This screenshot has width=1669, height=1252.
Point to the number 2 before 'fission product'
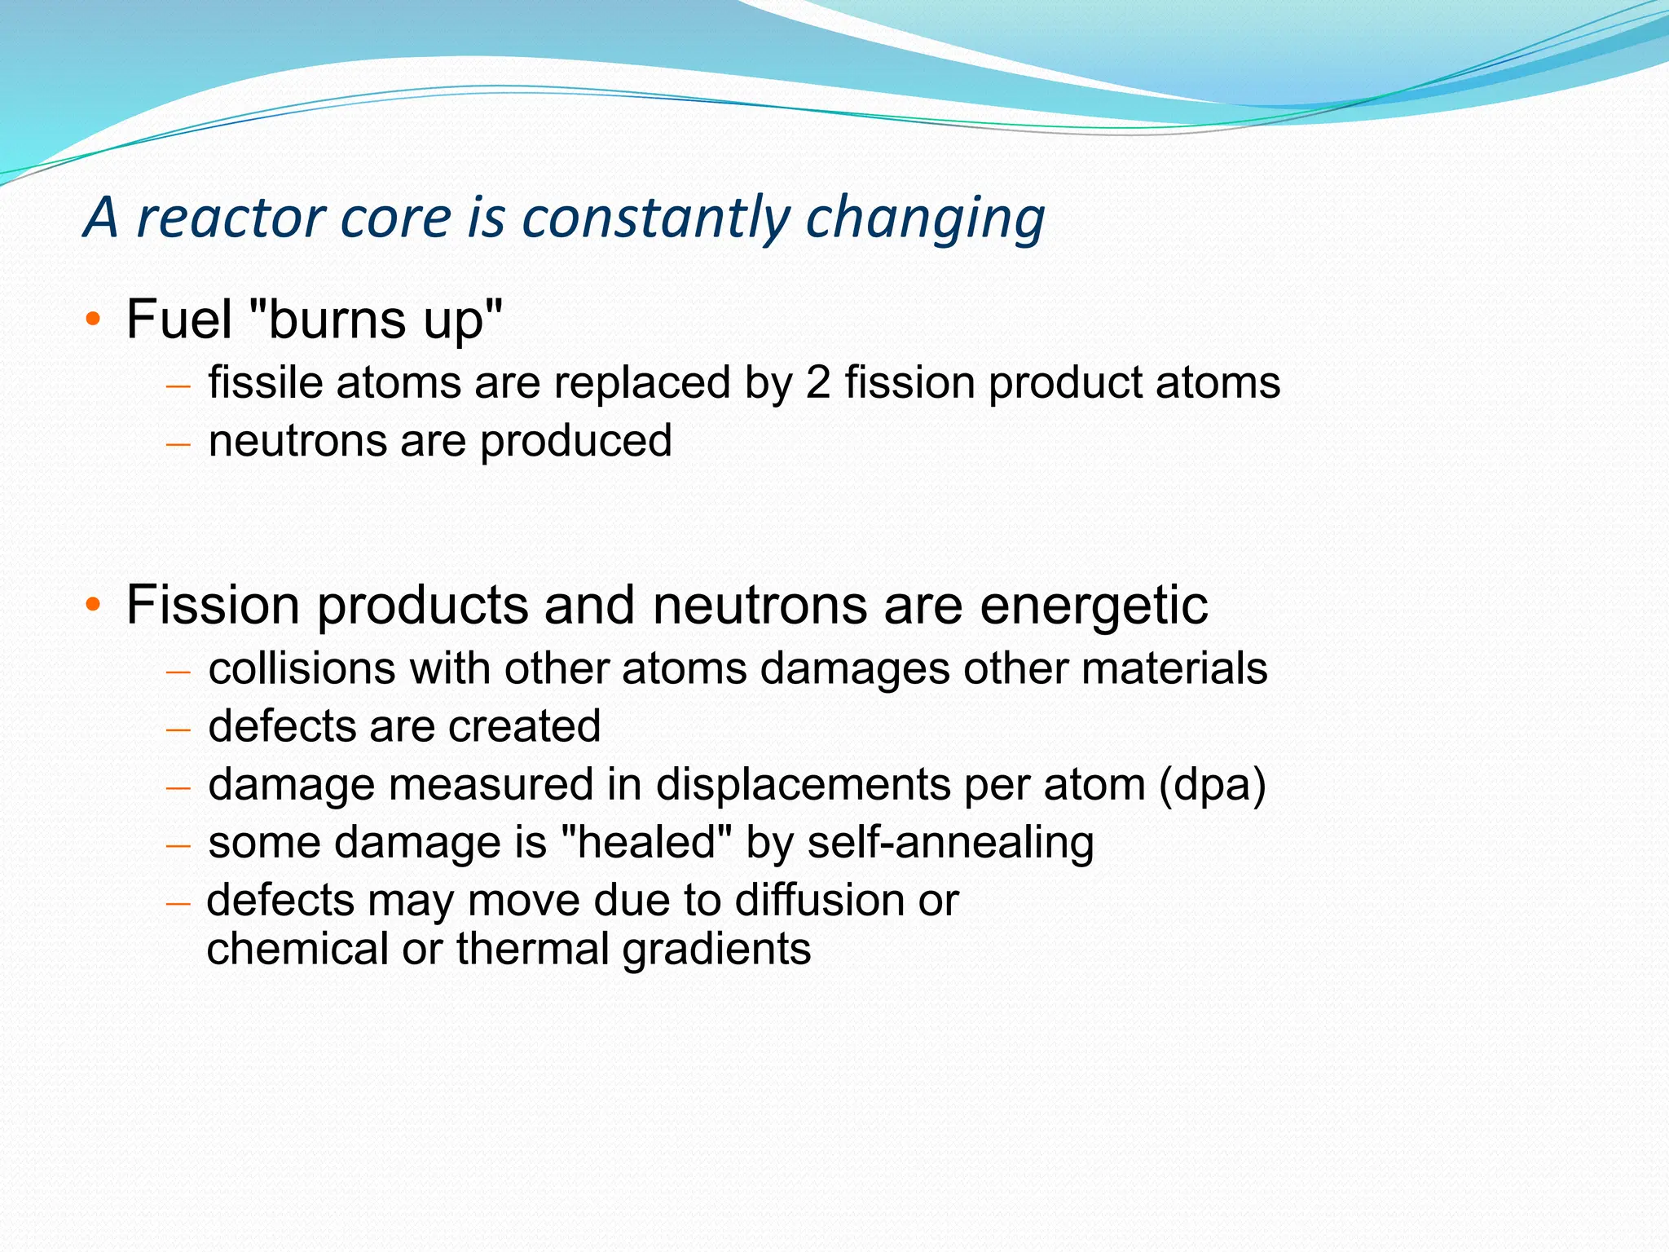click(817, 382)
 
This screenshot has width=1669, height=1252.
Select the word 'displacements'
click(803, 786)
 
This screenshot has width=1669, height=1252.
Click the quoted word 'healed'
click(648, 843)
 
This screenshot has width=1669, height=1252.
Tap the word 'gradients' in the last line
click(716, 950)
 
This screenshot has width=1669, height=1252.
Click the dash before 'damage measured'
click(178, 788)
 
